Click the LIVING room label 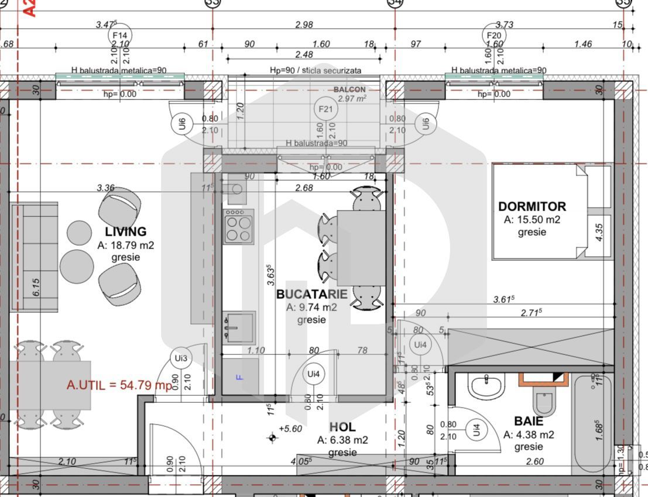click(x=126, y=232)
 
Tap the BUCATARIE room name click(x=311, y=294)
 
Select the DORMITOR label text click(x=532, y=206)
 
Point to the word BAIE click(x=528, y=421)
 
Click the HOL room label click(x=342, y=427)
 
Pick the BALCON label click(x=349, y=89)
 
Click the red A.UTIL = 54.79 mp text click(x=119, y=385)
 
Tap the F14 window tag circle click(x=119, y=36)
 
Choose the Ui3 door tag click(x=181, y=358)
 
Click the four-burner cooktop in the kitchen click(x=238, y=227)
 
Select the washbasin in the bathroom click(x=488, y=386)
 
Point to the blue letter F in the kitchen click(x=238, y=377)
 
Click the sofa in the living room click(x=34, y=258)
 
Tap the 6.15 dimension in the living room click(x=36, y=287)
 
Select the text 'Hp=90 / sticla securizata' click(x=315, y=70)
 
